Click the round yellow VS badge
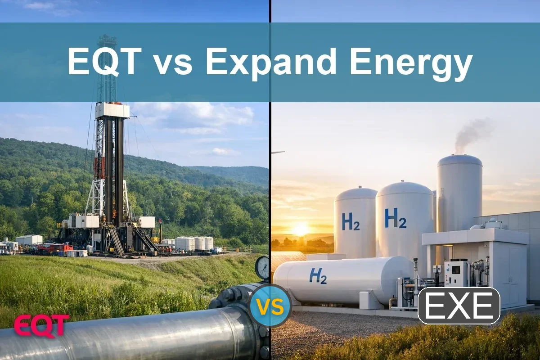click(x=270, y=306)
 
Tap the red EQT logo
click(x=41, y=325)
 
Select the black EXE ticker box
click(x=459, y=306)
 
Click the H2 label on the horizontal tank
click(x=318, y=275)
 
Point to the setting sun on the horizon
click(x=300, y=229)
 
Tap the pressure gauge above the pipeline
click(x=262, y=268)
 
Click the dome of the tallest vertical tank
click(x=459, y=161)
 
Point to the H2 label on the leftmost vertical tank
click(x=351, y=221)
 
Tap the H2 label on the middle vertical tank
click(x=395, y=218)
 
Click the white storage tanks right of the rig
click(x=194, y=243)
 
